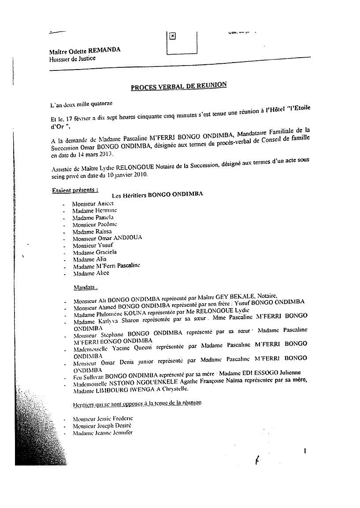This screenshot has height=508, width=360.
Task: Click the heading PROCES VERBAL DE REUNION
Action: [x=178, y=86]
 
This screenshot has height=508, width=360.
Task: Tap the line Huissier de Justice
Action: [x=72, y=59]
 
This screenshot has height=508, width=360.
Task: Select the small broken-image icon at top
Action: [x=173, y=36]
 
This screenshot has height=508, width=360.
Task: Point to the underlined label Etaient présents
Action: [x=74, y=190]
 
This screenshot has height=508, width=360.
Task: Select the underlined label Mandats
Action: [x=85, y=287]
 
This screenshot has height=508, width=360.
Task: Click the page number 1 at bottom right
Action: [x=304, y=450]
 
